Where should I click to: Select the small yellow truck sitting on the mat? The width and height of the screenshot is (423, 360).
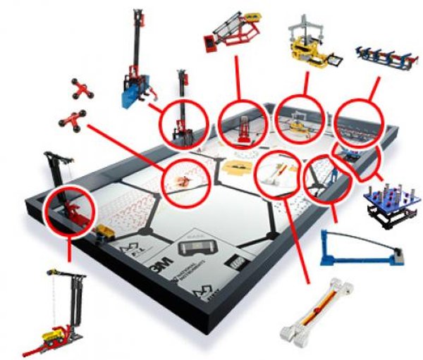click(x=106, y=232)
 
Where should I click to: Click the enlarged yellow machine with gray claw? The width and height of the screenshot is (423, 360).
click(x=309, y=46)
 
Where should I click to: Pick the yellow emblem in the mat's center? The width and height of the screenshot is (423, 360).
click(x=233, y=167)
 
